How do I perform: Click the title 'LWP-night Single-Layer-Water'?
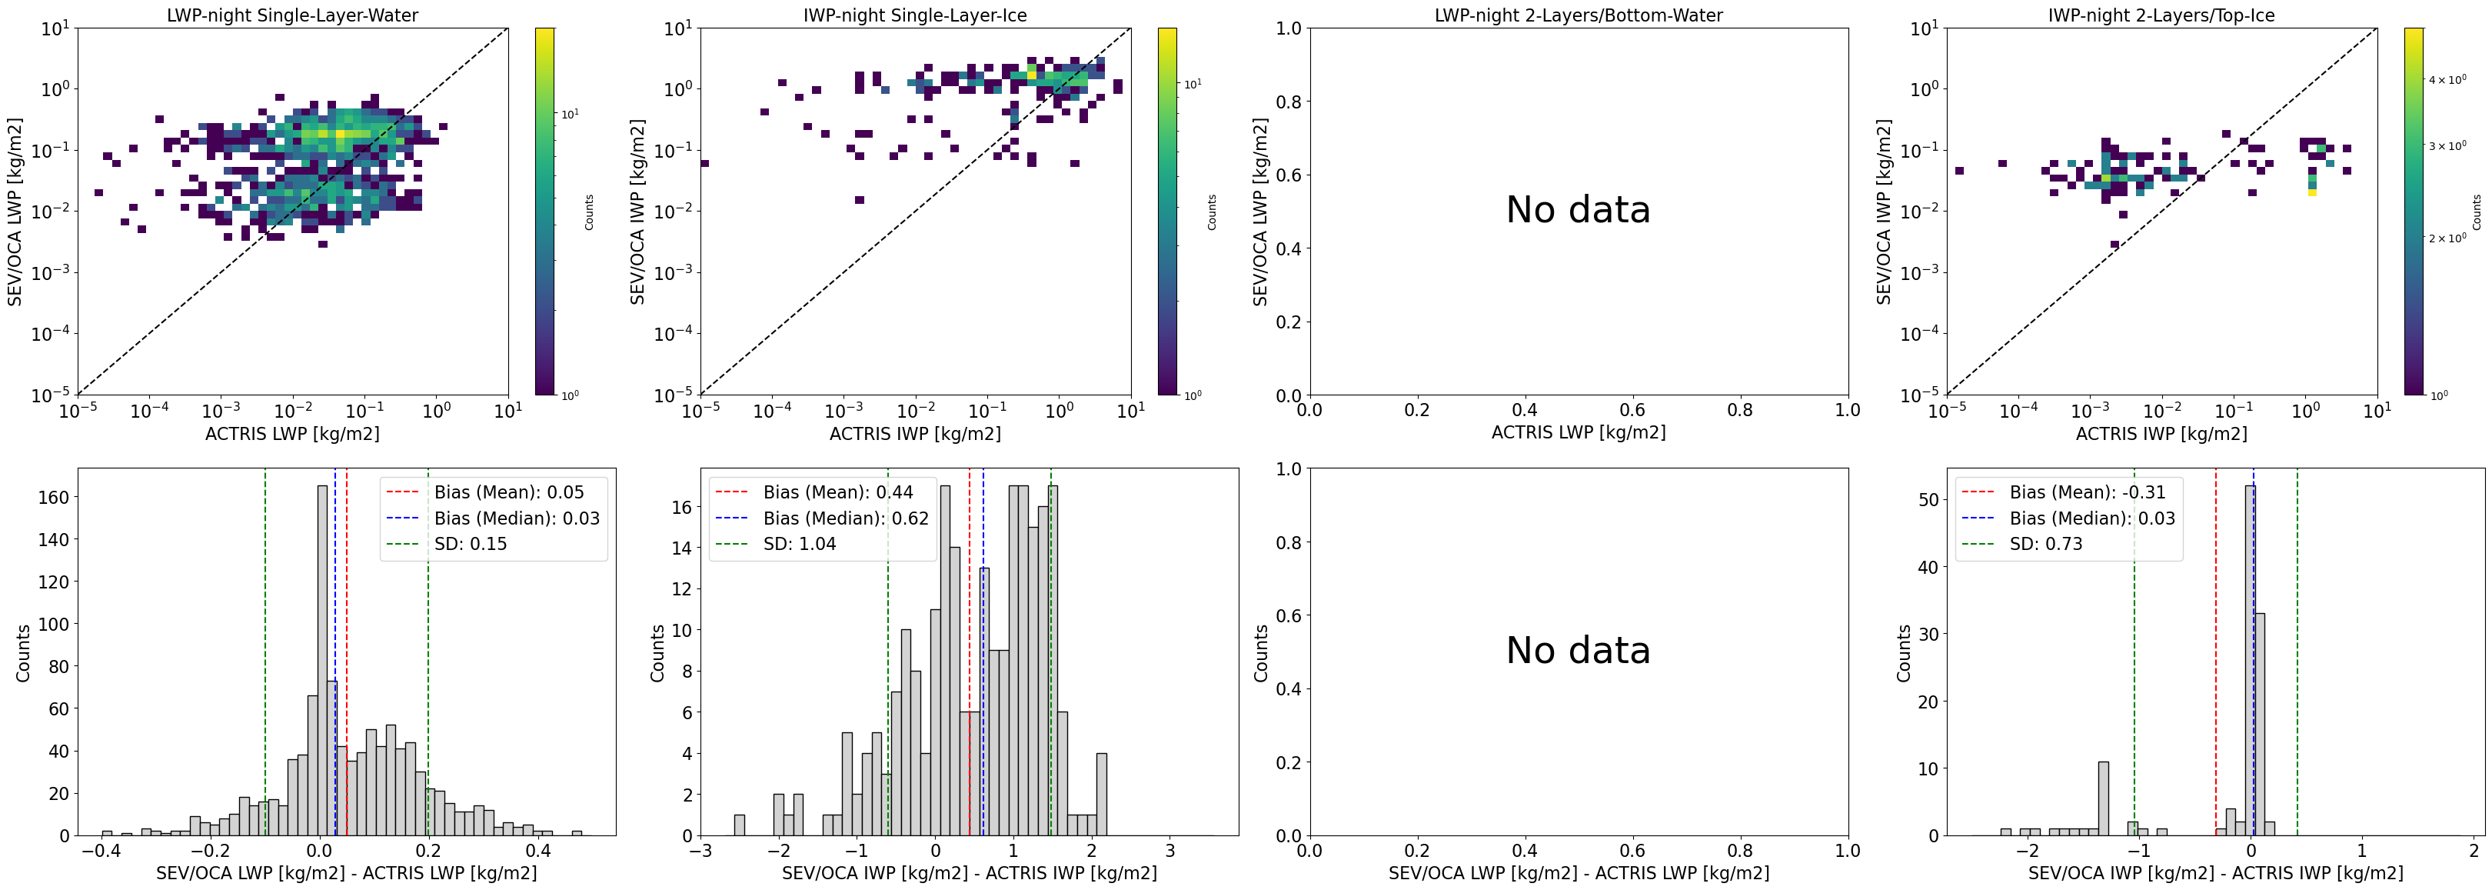(292, 15)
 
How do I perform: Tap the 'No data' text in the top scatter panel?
(1578, 210)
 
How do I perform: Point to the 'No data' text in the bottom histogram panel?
(1578, 650)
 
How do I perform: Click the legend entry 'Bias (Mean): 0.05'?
(509, 492)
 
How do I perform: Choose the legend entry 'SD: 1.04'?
(799, 544)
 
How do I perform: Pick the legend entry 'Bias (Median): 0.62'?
(844, 518)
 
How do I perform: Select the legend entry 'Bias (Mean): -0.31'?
(2087, 492)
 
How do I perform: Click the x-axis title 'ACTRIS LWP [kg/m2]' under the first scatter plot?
(292, 433)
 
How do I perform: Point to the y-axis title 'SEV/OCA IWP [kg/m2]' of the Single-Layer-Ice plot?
(637, 212)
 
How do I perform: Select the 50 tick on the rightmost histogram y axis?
(1927, 500)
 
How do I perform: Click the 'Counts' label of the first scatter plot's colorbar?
(589, 212)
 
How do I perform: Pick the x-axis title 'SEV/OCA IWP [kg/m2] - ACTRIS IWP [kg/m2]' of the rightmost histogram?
(2215, 872)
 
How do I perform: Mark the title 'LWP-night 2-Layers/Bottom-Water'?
(1578, 15)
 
